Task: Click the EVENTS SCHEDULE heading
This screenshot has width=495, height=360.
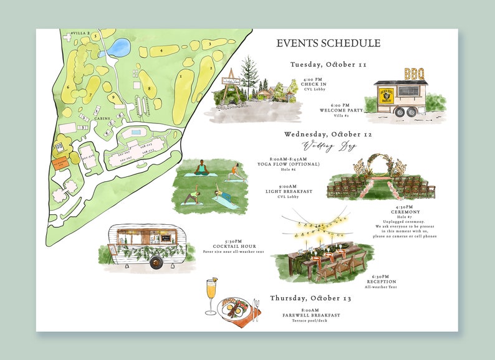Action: [x=328, y=44]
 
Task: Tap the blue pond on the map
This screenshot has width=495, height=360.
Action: [x=115, y=47]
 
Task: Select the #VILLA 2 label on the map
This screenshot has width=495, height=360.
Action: [x=80, y=32]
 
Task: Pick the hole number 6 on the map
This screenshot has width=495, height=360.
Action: [x=67, y=87]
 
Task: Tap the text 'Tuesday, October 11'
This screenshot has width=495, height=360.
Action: [x=328, y=64]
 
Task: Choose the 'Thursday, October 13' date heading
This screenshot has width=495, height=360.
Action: [x=310, y=298]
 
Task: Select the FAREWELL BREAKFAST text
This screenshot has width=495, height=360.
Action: [x=310, y=315]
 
